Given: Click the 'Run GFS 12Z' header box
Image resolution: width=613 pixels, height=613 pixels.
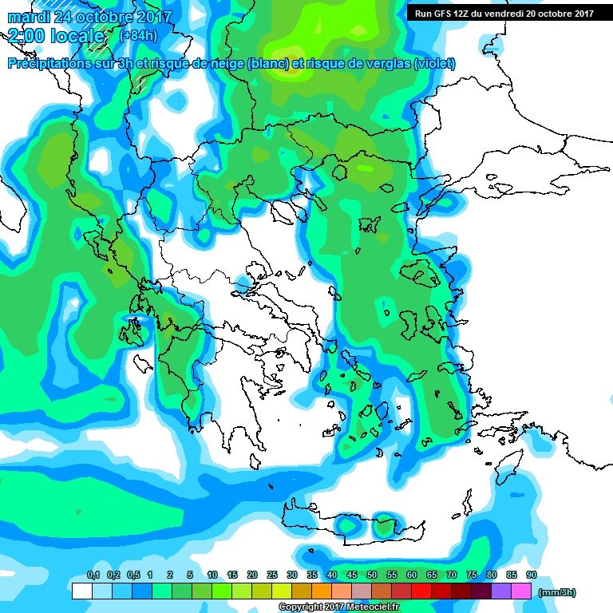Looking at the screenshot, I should click(x=504, y=14).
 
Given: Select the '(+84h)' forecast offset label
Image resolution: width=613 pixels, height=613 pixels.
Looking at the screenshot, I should click(x=137, y=35).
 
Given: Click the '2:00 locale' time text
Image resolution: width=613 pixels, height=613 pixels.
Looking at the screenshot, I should click(x=57, y=36).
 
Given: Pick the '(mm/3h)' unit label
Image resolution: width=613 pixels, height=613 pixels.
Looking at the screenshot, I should click(x=556, y=592).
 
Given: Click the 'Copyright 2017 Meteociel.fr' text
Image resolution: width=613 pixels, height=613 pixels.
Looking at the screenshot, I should click(x=338, y=607).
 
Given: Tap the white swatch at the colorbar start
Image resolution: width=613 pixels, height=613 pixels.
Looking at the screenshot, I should click(x=82, y=591).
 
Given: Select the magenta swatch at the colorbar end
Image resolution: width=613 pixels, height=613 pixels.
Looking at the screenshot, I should click(x=521, y=591).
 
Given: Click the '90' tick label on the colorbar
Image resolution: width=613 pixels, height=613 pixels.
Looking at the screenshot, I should click(x=531, y=575).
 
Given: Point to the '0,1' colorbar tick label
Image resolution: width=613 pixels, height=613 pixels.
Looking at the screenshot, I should click(x=93, y=575).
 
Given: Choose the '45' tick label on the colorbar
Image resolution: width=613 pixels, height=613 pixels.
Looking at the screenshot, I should click(x=352, y=575).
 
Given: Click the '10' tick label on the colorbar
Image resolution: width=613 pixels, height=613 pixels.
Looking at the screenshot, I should click(x=212, y=575).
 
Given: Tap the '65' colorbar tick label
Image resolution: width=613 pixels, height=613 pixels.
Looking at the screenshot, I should click(x=432, y=575).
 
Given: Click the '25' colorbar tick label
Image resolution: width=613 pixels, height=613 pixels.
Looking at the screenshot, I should click(x=272, y=575).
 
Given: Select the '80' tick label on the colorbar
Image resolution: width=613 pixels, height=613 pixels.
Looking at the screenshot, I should click(x=492, y=575).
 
